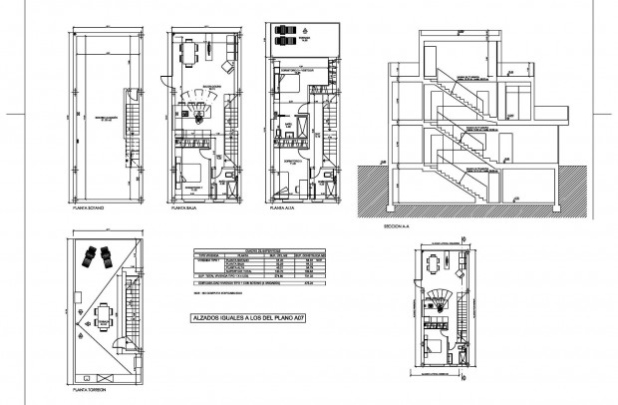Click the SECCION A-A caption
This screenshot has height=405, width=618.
click(397, 227)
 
